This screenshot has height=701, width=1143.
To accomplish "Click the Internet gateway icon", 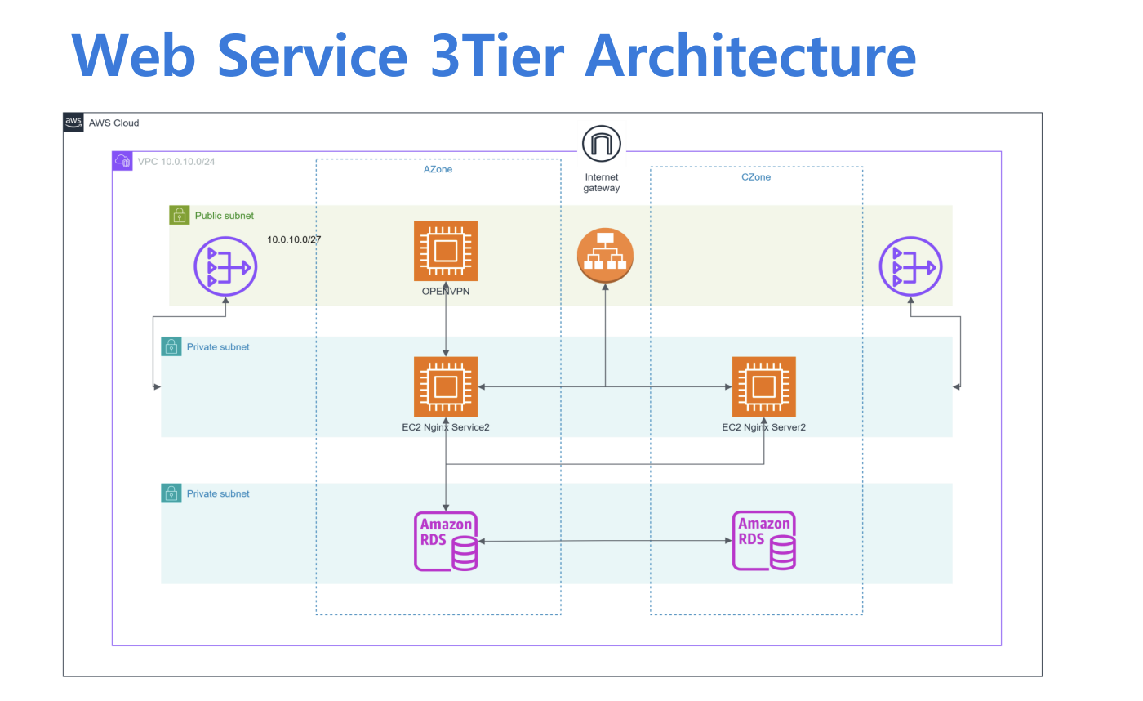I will (x=602, y=145).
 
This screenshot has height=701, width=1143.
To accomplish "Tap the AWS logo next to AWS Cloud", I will (x=73, y=123).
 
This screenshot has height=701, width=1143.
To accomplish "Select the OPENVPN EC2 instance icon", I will (x=446, y=251).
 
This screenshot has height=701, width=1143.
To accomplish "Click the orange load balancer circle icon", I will (x=605, y=257).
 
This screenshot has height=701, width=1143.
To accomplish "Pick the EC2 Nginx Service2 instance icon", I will (x=446, y=386).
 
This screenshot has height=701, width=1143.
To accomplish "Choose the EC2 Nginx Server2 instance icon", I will (x=763, y=386).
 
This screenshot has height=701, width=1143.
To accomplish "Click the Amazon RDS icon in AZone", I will (x=446, y=541).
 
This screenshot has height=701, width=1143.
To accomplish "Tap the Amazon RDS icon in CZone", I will (x=763, y=541).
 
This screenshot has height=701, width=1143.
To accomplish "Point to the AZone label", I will (x=438, y=169).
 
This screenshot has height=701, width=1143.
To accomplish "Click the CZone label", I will (x=756, y=176).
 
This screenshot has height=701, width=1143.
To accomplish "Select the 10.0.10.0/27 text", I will (x=293, y=239).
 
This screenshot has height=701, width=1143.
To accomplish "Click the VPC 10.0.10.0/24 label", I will (x=176, y=162).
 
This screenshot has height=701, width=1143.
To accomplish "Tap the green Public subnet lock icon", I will (x=179, y=216).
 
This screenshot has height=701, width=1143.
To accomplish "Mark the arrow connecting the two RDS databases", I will (x=604, y=541).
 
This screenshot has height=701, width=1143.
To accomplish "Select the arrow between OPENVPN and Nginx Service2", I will (x=446, y=323).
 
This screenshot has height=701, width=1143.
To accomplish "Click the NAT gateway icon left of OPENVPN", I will (x=225, y=266).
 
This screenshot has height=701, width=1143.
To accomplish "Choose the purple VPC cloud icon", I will (x=122, y=161).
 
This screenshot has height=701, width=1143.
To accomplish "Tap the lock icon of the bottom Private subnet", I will (x=171, y=493).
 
